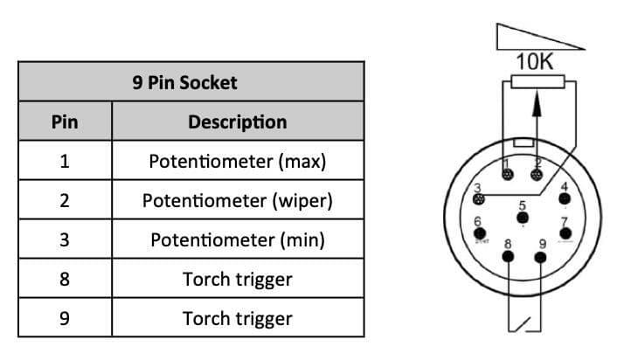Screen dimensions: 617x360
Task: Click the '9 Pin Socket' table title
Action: [x=184, y=83]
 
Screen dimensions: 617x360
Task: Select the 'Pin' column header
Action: [x=65, y=122]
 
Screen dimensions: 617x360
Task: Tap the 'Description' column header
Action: [x=238, y=122]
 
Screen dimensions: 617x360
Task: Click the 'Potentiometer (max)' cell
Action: [x=238, y=162]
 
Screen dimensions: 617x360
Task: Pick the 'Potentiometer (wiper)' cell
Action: [x=238, y=201]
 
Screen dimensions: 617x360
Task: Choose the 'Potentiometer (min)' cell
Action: [x=238, y=240]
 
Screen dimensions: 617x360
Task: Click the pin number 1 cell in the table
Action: [x=65, y=162]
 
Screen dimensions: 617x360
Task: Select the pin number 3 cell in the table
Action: [x=65, y=240]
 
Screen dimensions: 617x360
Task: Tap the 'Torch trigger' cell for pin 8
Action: [x=238, y=280]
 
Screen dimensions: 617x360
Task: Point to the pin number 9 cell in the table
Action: [x=65, y=318]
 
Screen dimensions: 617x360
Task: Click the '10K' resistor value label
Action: [x=534, y=62]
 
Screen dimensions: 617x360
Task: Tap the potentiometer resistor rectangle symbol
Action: [x=537, y=81]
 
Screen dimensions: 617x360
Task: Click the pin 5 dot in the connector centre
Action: [x=522, y=218]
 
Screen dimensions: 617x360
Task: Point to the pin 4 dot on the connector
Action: [x=565, y=198]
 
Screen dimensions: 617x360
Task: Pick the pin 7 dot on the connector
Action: [x=565, y=233]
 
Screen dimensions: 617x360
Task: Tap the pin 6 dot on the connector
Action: [x=479, y=233]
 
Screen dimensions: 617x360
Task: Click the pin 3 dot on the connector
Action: [x=479, y=199]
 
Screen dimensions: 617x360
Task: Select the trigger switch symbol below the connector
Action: [x=524, y=324]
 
